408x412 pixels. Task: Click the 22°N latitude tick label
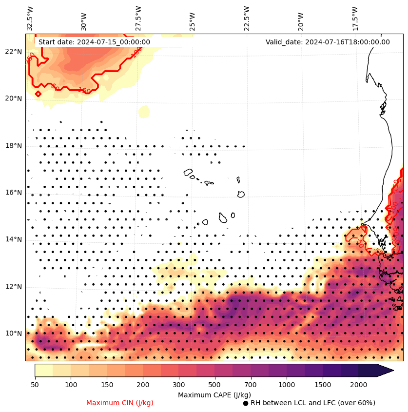click(13, 52)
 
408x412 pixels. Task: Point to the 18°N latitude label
click(13, 146)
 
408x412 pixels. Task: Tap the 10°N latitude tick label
click(13, 334)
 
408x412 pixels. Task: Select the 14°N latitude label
click(13, 239)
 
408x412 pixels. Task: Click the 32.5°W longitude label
click(30, 19)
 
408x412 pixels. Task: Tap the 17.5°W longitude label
click(355, 19)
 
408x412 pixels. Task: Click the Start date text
click(94, 42)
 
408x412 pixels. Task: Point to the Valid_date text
click(328, 42)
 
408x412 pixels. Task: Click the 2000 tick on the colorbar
click(359, 385)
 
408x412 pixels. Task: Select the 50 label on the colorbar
click(35, 385)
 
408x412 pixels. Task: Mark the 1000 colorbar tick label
click(287, 385)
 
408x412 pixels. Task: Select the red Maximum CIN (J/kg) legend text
click(120, 403)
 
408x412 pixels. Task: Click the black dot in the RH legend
click(246, 403)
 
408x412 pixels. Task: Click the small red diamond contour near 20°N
click(38, 94)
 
